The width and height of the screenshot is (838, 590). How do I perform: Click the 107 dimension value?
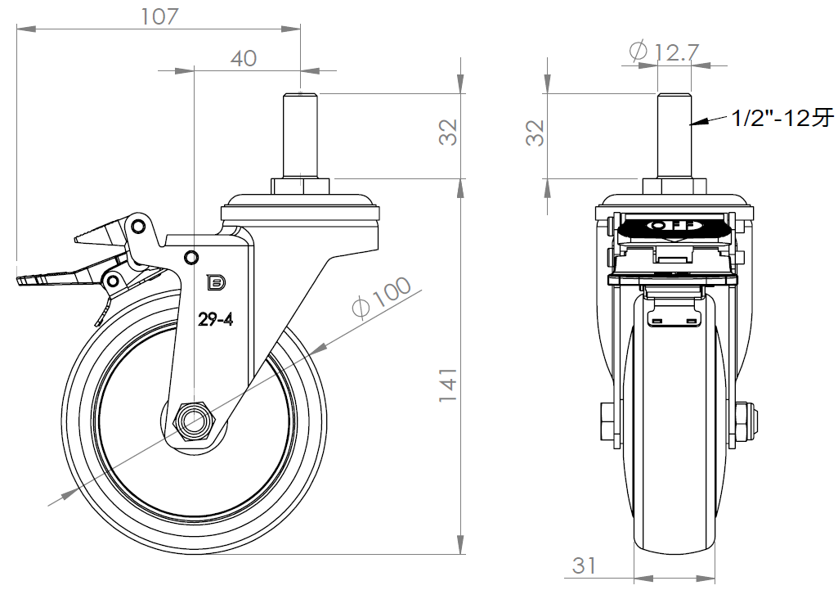pos(159,16)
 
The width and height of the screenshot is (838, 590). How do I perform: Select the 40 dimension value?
pos(244,58)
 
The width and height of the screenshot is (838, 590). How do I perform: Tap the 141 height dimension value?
pos(446,385)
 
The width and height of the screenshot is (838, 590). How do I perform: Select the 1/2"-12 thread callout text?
pos(781,119)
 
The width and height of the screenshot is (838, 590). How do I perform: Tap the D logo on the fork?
pos(216,282)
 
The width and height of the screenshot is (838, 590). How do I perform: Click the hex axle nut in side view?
pos(195,422)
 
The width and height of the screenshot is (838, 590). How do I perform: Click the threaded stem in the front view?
pos(675,135)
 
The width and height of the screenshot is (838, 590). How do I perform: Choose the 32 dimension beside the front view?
pos(535,133)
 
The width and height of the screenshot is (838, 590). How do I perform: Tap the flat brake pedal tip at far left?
pos(29,281)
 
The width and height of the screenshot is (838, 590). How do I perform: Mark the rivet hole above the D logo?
pos(191,259)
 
